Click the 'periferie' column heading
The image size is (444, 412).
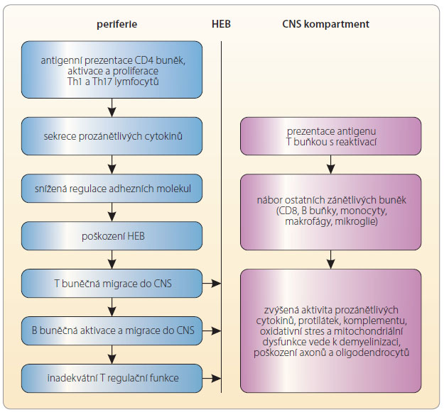117,24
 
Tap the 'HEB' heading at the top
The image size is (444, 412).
221,24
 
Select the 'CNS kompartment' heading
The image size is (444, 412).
325,24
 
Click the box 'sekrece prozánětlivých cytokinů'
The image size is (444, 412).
112,136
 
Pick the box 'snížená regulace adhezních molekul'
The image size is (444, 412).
112,189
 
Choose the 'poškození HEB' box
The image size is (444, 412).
112,236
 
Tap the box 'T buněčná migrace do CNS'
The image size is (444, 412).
112,284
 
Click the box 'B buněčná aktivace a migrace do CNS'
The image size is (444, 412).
112,331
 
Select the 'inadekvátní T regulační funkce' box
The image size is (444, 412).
112,379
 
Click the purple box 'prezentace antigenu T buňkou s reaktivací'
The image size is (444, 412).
331,136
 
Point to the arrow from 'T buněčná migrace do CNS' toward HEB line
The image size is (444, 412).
212,283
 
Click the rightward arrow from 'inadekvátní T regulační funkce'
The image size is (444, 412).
212,378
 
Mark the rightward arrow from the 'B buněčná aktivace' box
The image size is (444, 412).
212,330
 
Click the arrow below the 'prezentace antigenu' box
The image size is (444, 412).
331,165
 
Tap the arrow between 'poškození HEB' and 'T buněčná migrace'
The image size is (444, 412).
112,260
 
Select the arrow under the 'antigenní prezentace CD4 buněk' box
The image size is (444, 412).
112,108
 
